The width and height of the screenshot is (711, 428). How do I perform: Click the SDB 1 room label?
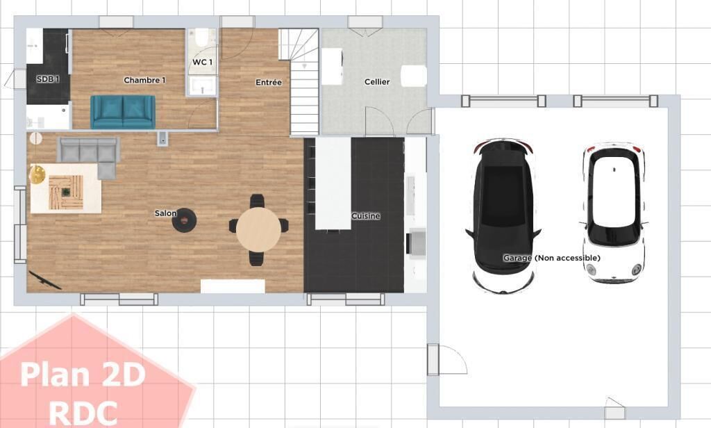point(48,79)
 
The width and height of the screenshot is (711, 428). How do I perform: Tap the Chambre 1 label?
point(144,80)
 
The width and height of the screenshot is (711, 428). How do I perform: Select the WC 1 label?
point(202,62)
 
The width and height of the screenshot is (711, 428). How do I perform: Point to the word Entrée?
point(269,82)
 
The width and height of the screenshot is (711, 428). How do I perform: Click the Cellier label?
point(377,82)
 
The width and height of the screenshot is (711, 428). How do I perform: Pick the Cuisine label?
point(365,215)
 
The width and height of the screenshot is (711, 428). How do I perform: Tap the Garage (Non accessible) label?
point(551,258)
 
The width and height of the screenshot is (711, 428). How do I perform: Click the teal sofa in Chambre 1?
point(123,112)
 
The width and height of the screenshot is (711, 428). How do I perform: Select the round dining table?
point(258,229)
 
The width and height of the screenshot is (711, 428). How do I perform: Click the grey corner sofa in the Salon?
point(89,152)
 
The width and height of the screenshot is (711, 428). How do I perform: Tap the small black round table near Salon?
point(184,220)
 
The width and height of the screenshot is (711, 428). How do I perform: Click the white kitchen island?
point(333,184)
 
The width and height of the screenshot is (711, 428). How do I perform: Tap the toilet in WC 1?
point(202,38)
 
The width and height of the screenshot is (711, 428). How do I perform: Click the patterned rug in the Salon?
point(66,188)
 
